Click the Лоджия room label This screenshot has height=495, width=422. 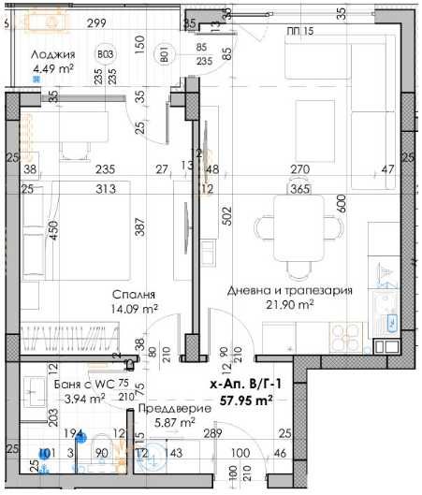[53, 53]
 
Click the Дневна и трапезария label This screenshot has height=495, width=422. [289, 291]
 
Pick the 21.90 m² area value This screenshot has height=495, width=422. [290, 305]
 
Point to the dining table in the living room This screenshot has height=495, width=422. [300, 227]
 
